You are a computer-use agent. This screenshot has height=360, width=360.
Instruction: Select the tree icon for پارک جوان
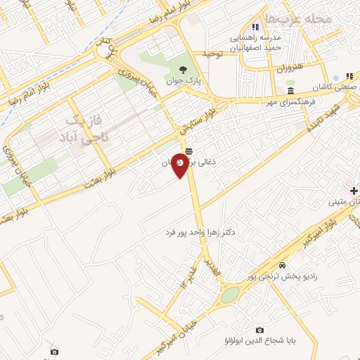184,70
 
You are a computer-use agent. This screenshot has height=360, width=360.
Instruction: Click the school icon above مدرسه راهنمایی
255,27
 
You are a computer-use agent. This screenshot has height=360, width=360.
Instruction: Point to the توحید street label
212,54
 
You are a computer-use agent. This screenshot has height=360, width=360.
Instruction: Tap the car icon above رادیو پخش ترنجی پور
282,266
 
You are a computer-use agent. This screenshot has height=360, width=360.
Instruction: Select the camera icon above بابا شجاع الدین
259,330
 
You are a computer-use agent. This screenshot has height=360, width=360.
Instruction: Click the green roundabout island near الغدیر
230,295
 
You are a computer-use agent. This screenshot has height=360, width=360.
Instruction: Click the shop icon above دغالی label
188,151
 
